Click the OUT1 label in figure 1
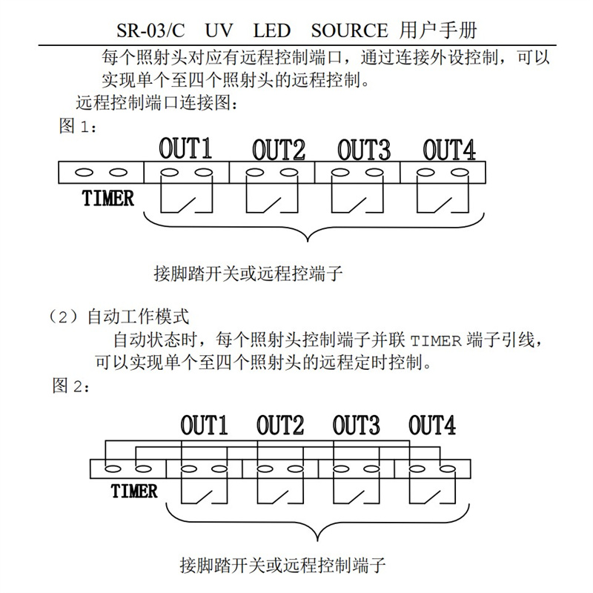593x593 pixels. [185, 148]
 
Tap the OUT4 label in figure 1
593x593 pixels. [449, 150]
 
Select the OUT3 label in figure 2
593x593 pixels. [357, 425]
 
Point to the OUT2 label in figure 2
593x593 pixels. [280, 425]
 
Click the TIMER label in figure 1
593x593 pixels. [107, 198]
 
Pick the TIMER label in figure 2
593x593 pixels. [134, 491]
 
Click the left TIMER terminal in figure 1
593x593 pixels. [84, 173]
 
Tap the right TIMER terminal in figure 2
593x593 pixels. [143, 469]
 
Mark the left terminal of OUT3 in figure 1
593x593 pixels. [340, 173]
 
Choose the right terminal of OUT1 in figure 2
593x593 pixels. [219, 469]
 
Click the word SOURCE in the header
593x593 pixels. [349, 30]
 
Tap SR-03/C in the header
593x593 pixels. [150, 30]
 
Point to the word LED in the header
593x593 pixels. [272, 30]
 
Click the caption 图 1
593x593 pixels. [78, 125]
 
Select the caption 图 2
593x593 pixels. [71, 385]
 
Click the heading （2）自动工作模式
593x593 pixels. [119, 317]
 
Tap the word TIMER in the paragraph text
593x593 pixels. [436, 341]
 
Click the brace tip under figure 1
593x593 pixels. [308, 241]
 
